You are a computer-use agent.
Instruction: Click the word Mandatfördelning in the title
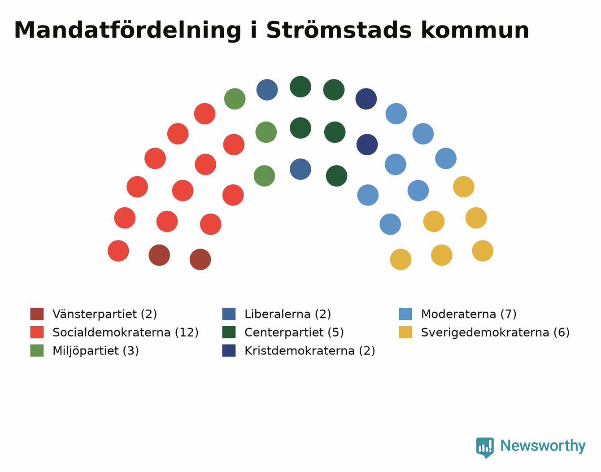point(127,31)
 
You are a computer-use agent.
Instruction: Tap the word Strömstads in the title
point(339,30)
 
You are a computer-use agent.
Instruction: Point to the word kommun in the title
point(475,30)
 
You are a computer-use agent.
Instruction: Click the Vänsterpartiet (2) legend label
point(105,314)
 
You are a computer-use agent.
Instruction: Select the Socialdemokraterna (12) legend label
point(126,332)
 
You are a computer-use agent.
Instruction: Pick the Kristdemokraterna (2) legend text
point(310,350)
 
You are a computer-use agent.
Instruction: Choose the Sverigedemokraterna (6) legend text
point(495,332)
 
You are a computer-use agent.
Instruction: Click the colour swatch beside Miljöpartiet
point(37,350)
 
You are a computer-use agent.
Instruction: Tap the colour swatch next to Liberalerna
point(229,314)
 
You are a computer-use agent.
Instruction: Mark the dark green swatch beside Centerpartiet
point(229,332)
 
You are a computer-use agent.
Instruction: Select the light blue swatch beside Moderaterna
point(405,314)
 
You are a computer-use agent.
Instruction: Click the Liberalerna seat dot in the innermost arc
point(300,169)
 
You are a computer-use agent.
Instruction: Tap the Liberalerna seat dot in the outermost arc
point(267,90)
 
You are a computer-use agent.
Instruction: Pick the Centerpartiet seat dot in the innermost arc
point(336,176)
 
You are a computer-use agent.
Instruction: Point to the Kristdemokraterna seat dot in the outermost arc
point(366,99)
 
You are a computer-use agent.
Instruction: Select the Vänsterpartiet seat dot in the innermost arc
point(200,259)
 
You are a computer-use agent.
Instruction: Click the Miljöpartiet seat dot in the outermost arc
point(235,99)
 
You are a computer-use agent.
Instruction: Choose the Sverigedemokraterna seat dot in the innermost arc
point(401,259)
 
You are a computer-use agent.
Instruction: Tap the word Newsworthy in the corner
point(543,446)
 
